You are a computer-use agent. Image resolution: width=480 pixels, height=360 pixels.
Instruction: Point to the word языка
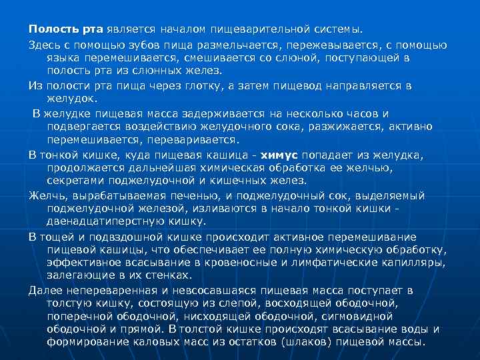coord(63,58)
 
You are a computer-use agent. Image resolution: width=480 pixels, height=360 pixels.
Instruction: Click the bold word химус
coord(279,155)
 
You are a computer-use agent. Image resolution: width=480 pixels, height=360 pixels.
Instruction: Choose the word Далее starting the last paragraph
coord(45,291)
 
